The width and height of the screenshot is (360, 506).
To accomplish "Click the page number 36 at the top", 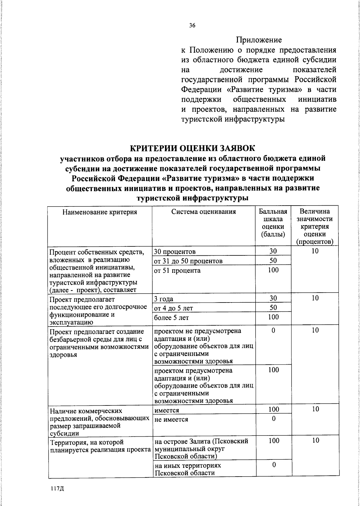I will click(x=192, y=26).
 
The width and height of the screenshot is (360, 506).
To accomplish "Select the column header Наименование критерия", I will click(x=100, y=212).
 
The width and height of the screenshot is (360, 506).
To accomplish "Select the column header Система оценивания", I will click(x=203, y=212).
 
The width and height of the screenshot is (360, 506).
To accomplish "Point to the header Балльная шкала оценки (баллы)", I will click(x=273, y=223).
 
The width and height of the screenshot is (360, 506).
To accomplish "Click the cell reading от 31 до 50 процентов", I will click(x=188, y=261).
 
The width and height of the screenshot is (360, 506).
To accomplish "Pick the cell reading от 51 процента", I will click(x=177, y=270).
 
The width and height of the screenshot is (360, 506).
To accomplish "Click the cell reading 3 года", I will click(x=163, y=299).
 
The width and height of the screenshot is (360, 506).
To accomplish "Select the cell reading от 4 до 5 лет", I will click(x=173, y=308).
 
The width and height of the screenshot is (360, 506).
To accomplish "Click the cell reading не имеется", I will click(x=171, y=419).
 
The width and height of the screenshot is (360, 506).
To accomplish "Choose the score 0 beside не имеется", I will click(x=274, y=418).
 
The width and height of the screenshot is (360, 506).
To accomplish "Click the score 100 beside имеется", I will click(x=274, y=409).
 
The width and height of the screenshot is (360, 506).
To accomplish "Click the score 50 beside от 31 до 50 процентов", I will click(x=273, y=260).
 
